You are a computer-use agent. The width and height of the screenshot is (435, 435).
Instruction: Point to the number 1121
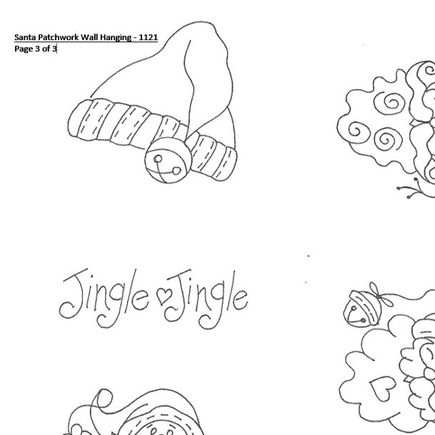(149, 37)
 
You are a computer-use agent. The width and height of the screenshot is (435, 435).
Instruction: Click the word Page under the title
(24, 49)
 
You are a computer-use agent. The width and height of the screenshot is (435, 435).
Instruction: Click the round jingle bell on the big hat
(168, 160)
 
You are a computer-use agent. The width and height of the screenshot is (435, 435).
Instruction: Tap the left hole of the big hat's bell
(158, 159)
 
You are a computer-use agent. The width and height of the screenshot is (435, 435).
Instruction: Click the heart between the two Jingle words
(164, 295)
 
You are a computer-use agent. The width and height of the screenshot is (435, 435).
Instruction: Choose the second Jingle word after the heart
(206, 299)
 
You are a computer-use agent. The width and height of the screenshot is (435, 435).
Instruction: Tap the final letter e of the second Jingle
(240, 299)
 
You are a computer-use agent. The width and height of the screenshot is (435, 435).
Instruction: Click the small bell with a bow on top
(362, 308)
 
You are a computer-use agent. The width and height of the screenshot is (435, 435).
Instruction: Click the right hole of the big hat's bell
(176, 171)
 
